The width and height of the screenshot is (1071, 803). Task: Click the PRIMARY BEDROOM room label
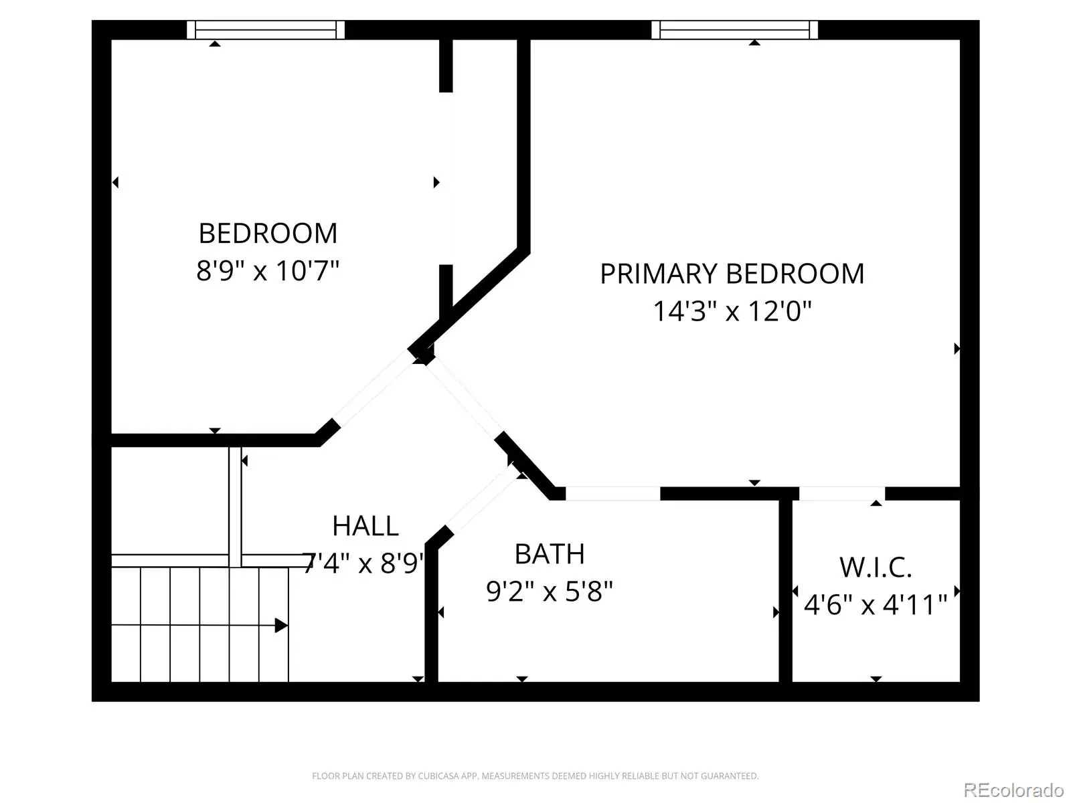732,274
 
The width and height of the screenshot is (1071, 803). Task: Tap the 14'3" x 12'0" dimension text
732,311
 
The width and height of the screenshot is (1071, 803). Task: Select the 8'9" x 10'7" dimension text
267,270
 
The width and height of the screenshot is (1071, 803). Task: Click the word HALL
365,526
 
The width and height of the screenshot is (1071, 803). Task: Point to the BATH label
550,554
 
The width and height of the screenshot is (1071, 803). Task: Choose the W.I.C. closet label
876,567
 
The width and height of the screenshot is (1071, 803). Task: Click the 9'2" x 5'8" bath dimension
550,592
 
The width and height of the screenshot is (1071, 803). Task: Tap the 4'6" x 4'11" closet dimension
876,605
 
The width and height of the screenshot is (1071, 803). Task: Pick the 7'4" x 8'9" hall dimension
363,563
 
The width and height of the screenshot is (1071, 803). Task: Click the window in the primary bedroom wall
734,29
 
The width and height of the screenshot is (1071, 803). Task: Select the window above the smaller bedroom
266,29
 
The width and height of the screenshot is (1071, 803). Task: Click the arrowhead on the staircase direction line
281,626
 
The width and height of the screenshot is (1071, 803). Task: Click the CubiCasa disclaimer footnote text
535,776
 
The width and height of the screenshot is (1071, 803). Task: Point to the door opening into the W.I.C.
842,493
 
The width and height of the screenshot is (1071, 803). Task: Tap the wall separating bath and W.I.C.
786,591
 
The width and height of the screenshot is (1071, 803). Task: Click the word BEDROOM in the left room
267,234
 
